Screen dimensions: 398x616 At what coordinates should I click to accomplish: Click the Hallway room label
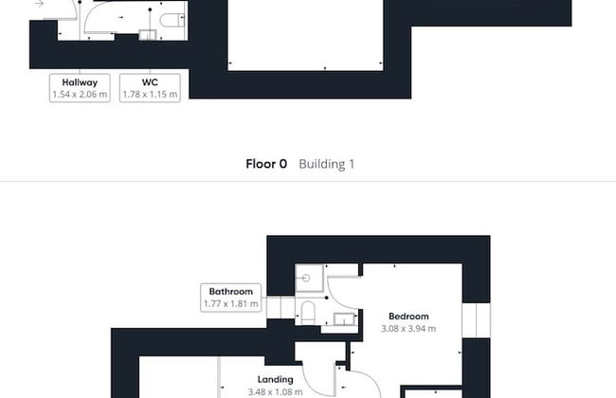80,82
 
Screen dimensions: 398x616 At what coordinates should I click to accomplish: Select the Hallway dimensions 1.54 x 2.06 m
80,95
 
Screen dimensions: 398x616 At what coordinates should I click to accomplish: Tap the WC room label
150,82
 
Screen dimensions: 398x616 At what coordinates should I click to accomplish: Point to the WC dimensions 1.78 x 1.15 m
150,95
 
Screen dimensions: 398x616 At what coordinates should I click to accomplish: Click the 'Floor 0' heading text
266,164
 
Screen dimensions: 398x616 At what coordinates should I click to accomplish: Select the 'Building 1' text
326,164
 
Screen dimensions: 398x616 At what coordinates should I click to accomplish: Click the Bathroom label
230,291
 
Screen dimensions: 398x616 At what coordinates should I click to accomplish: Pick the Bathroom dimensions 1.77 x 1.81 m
230,304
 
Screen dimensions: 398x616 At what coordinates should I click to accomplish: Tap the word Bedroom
408,317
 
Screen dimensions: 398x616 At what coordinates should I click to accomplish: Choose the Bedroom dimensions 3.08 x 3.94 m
408,329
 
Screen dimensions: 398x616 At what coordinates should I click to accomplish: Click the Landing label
275,379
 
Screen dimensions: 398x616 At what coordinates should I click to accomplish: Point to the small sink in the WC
148,35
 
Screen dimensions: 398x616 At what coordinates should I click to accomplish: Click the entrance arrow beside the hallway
39,4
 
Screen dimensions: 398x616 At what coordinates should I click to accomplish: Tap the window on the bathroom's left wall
279,308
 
